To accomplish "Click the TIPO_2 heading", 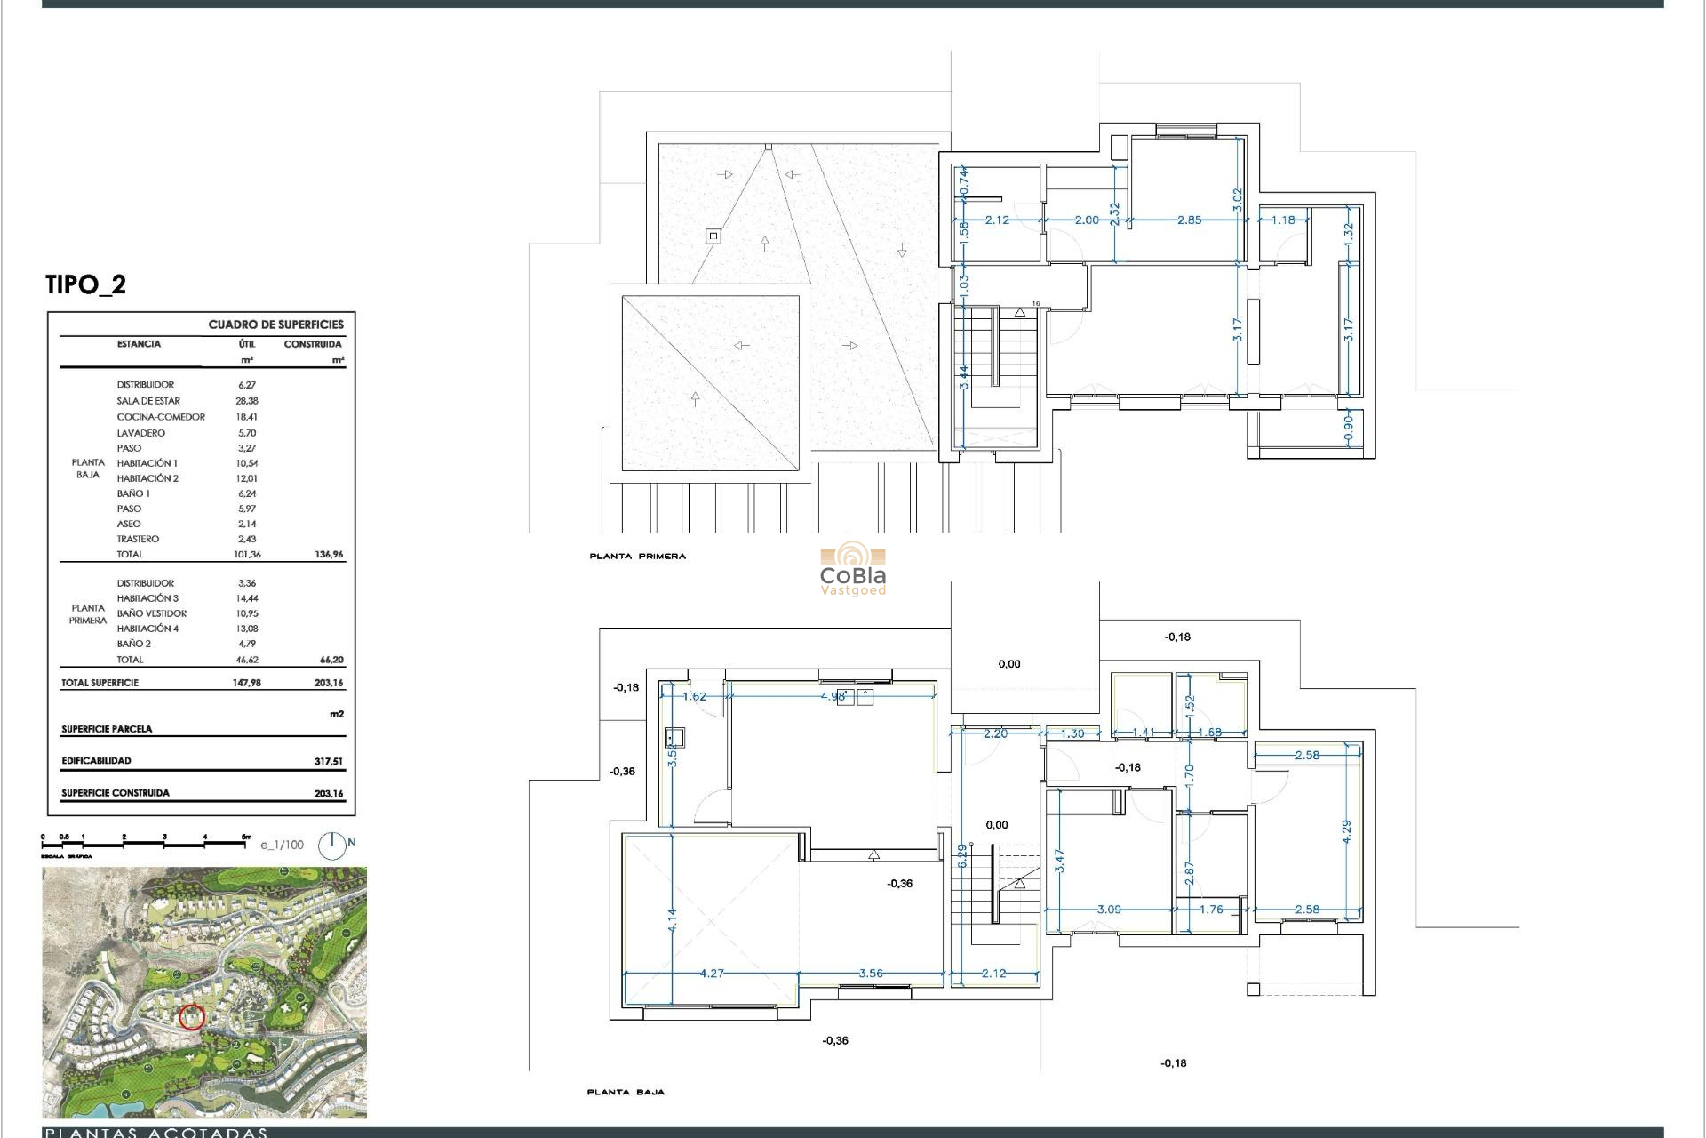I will click(x=85, y=284).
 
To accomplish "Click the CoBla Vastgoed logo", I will click(x=852, y=572).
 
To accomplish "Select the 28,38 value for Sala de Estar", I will click(x=247, y=401).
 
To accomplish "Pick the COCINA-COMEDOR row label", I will click(x=161, y=417).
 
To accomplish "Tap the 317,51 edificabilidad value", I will click(x=328, y=762).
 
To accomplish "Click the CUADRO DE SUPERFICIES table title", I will click(x=275, y=325).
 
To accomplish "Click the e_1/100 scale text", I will click(x=282, y=845).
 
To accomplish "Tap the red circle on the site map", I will click(x=192, y=1017).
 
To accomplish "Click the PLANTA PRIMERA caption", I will click(x=637, y=557).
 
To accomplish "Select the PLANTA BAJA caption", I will click(x=626, y=1092).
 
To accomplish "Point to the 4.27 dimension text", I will click(x=712, y=974).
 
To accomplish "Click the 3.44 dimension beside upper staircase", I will click(x=963, y=377).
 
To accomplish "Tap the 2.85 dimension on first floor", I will click(x=1189, y=220).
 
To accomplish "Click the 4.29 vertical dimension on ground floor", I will click(x=1346, y=832).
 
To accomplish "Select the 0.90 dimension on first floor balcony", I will click(x=1347, y=429).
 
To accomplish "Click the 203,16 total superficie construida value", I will click(x=328, y=794).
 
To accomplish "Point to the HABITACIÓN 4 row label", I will click(x=147, y=629).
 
